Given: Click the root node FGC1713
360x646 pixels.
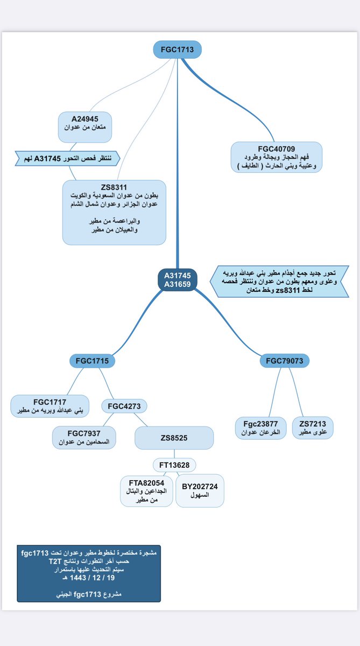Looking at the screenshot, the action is coord(177,50).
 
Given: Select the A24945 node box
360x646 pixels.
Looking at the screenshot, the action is coord(84,127).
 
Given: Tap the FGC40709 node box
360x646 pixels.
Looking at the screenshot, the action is coord(276,157).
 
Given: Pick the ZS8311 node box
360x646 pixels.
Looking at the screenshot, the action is coord(114,212).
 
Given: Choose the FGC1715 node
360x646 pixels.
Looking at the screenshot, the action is coord(93,360).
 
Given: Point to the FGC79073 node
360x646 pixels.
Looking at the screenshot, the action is coord(285,360).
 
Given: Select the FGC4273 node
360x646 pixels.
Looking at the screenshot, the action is coord(124,406).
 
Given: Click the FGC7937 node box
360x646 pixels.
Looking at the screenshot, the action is coord(84,437).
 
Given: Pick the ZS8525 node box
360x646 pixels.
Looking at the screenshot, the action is coord(174,438).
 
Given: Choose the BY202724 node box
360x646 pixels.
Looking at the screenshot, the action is coord(200,490).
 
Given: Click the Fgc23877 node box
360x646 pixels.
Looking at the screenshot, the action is coord(260,427).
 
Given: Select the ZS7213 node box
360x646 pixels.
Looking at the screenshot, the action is coord(313,427).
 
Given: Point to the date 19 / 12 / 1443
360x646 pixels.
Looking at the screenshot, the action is coord(89,577).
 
